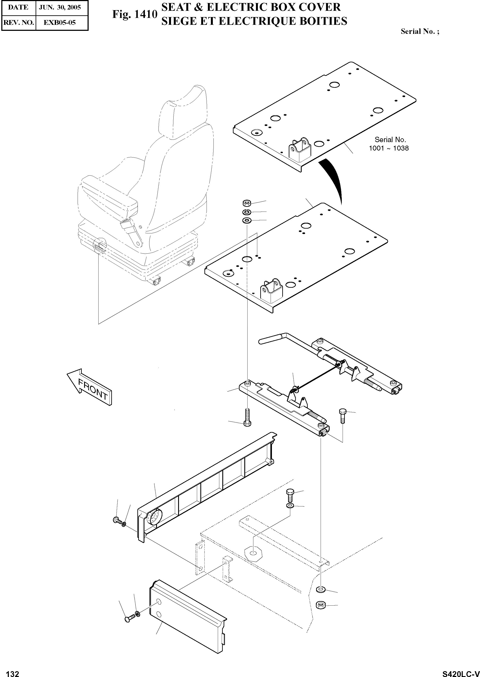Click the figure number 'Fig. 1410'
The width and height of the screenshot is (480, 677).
click(135, 14)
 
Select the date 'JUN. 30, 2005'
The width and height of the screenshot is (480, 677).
click(60, 7)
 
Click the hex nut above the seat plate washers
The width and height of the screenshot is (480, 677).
click(246, 203)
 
